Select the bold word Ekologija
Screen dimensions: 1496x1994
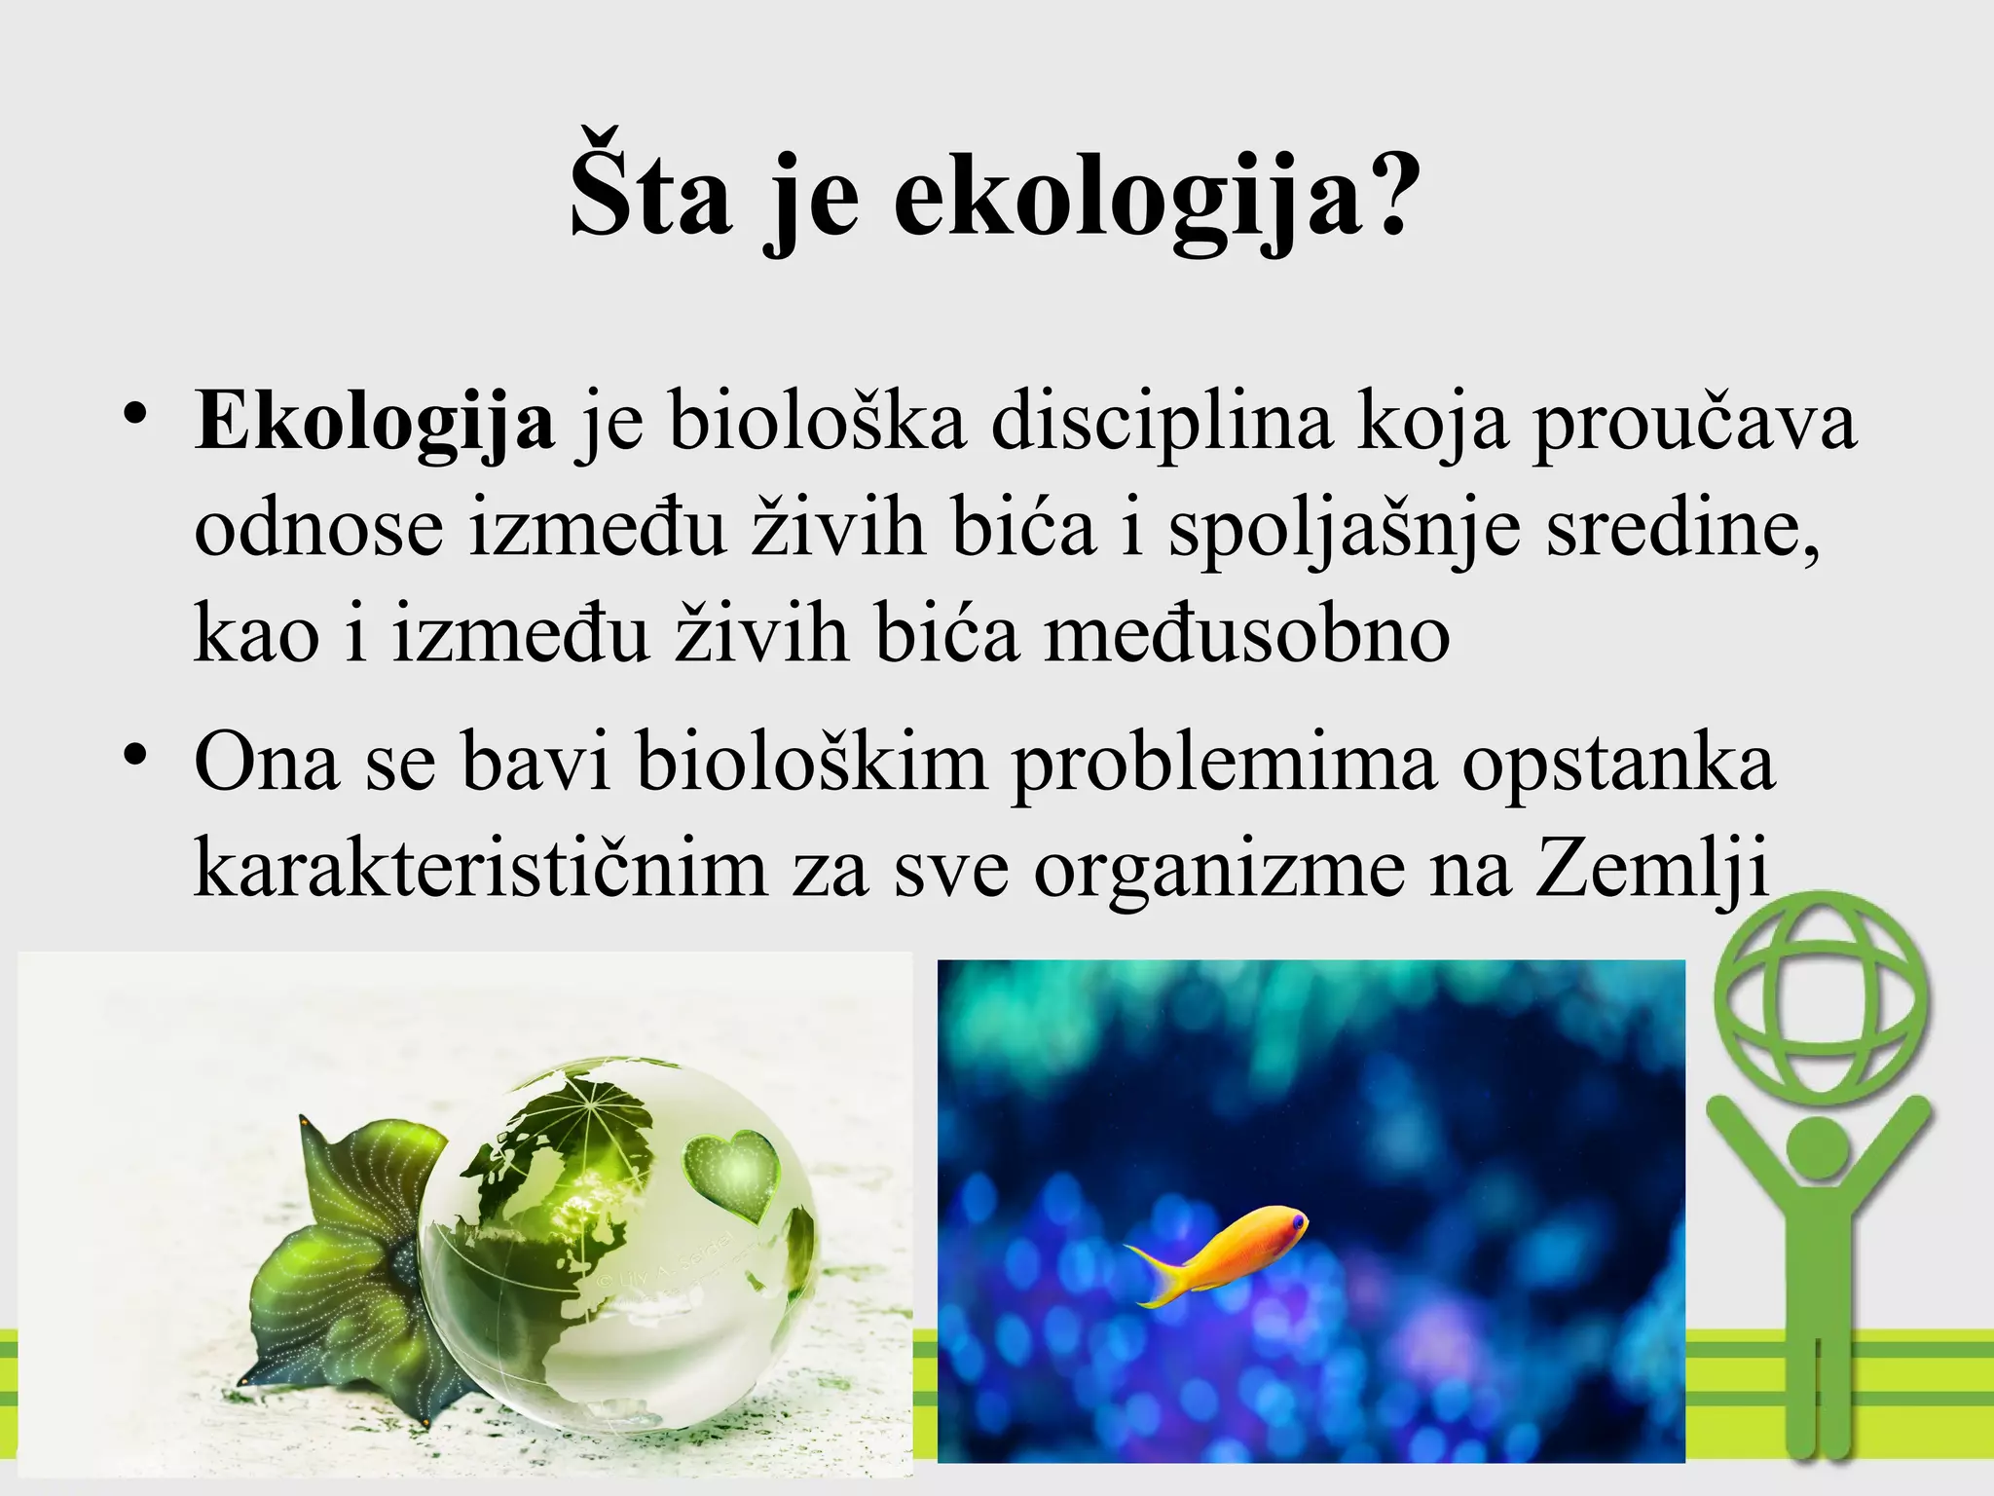click(x=374, y=425)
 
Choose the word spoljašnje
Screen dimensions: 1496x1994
click(x=1344, y=532)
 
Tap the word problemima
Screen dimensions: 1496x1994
click(x=1223, y=766)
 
